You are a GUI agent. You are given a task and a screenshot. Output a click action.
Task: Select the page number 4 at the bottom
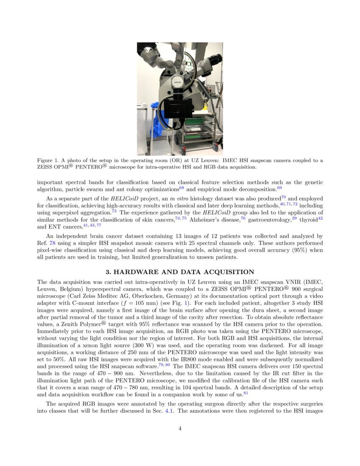pos(180,428)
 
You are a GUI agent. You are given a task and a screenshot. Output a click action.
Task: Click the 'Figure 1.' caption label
pos(49,161)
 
